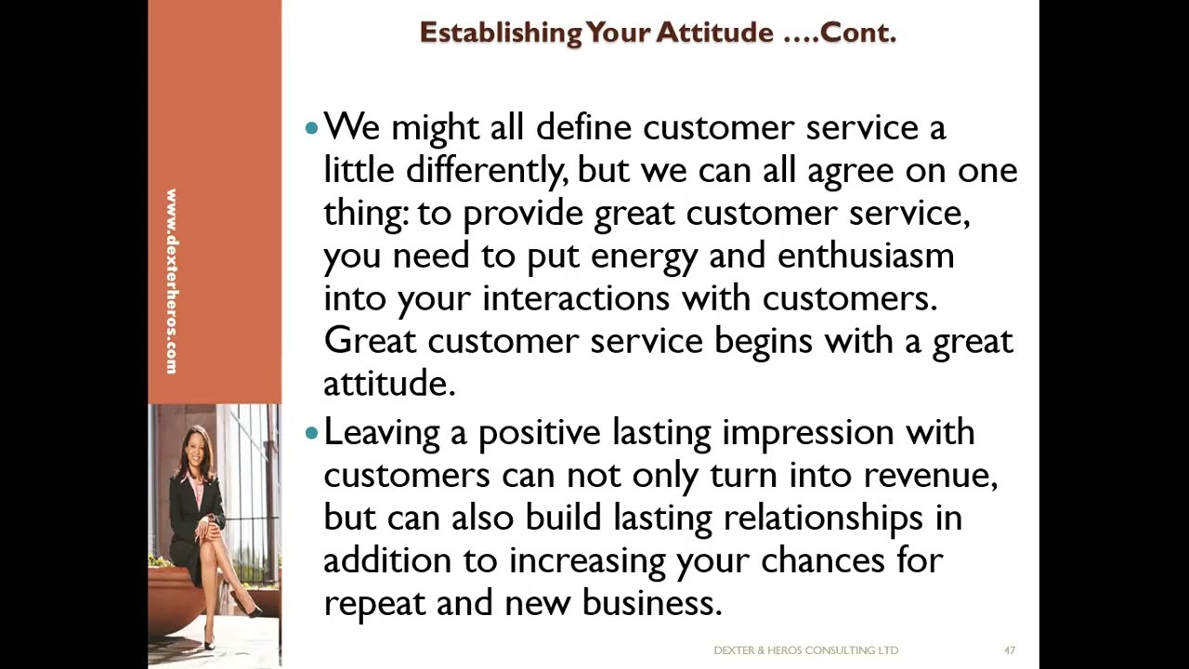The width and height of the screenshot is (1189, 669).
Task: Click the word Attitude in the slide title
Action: coord(713,33)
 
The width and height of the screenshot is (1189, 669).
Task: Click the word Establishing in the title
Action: coord(500,33)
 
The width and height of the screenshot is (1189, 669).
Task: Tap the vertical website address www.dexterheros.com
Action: coord(172,282)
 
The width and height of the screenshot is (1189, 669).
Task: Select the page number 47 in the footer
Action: coord(1009,650)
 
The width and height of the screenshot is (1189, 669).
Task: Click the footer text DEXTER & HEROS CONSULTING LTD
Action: coord(805,650)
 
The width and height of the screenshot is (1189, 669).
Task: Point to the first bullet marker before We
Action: coord(311,127)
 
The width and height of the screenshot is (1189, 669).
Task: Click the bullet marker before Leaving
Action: coord(311,432)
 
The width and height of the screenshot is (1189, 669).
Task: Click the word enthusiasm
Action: coord(865,256)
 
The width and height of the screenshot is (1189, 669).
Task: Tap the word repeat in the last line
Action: coord(374,604)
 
